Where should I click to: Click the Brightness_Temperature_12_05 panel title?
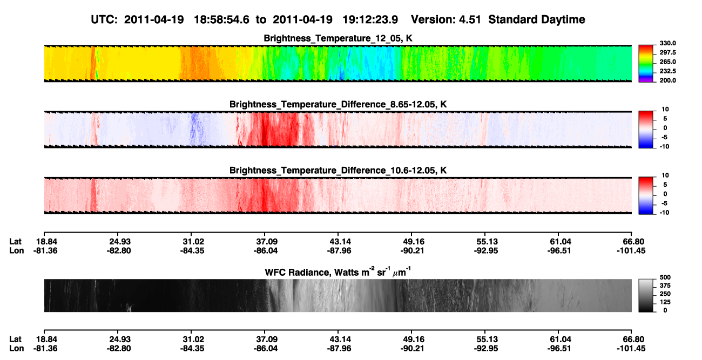click(338, 38)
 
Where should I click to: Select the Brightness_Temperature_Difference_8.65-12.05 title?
click(338, 104)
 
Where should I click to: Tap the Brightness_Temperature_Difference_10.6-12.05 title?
click(338, 171)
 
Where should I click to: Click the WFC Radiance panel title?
click(338, 272)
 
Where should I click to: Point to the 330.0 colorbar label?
click(667, 43)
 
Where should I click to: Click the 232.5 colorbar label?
click(667, 71)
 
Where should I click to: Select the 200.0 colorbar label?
click(667, 80)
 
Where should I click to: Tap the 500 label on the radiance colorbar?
click(665, 277)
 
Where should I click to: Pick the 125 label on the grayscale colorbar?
click(665, 302)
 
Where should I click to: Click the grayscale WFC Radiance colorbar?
click(646, 295)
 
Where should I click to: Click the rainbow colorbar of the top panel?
click(646, 64)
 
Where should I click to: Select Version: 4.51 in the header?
click(446, 19)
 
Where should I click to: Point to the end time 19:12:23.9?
click(370, 19)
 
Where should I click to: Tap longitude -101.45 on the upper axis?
click(631, 250)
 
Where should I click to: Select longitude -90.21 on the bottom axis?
click(412, 349)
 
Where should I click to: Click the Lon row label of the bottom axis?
click(17, 349)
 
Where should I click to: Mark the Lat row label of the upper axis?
click(15, 242)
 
